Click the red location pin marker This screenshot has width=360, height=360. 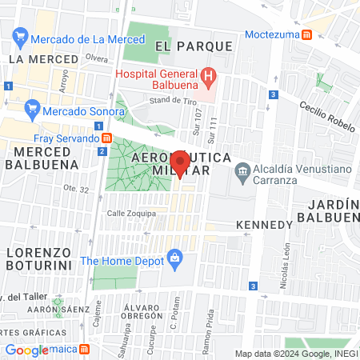click(180, 163)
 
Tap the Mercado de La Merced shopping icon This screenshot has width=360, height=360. click(21, 37)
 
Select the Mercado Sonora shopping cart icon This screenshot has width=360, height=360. click(33, 107)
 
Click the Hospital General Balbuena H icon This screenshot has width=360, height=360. click(209, 77)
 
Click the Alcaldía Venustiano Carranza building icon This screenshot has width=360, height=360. click(241, 170)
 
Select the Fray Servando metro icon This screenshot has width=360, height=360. click(104, 139)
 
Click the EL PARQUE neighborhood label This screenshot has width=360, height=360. click(194, 46)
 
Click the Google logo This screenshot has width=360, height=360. click(27, 350)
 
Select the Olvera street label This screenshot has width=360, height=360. click(96, 58)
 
